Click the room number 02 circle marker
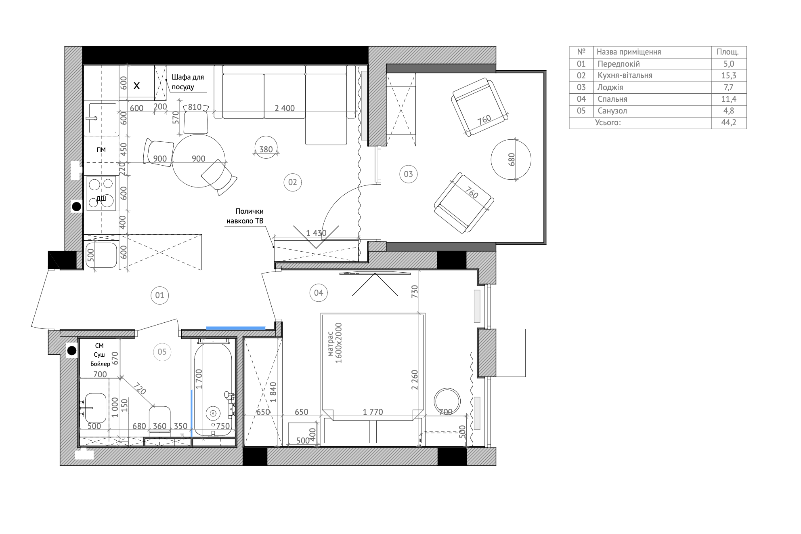pos(293,182)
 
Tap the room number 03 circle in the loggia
pos(408,174)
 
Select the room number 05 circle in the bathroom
pos(162,352)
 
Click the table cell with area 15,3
pos(729,76)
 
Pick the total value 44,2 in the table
pos(729,122)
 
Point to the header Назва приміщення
pos(629,52)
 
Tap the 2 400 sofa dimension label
pos(285,108)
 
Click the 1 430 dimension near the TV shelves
pos(316,233)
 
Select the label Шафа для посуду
pos(188,82)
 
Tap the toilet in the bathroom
pos(160,420)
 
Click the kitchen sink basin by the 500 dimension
pos(101,255)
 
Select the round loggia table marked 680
pos(511,160)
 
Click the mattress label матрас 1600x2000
pos(335,343)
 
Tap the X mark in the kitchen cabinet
pos(137,86)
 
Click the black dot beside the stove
pos(76,207)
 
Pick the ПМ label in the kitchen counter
pos(101,150)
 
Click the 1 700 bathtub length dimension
pos(199,379)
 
